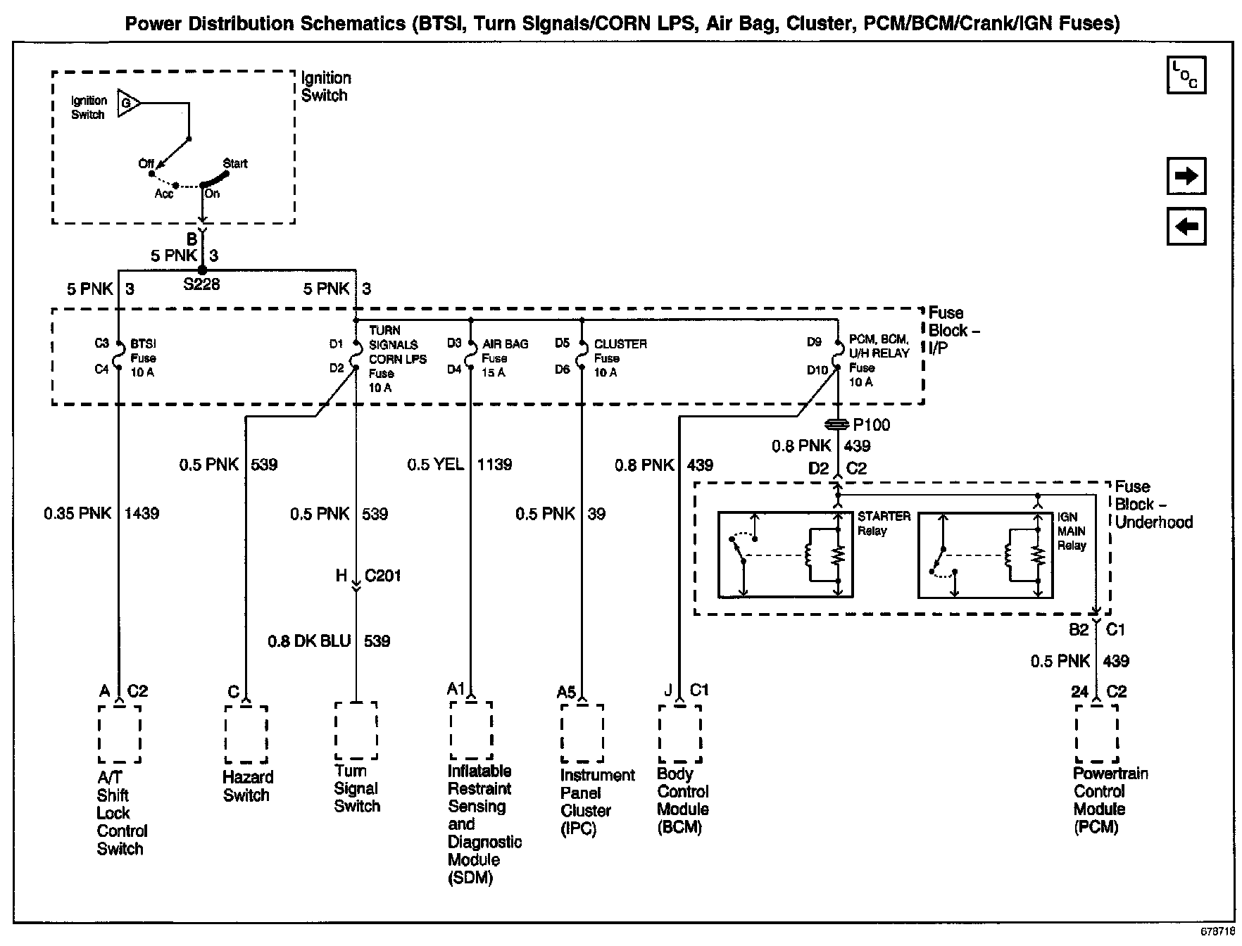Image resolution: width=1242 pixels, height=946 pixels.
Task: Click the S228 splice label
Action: point(201,284)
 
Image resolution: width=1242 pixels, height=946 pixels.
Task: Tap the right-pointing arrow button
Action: point(1186,176)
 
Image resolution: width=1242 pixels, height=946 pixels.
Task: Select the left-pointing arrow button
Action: point(1186,227)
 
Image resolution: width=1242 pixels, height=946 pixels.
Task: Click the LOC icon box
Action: point(1186,75)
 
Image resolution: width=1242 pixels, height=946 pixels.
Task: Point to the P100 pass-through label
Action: point(871,425)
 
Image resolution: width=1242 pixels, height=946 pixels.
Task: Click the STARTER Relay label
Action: point(884,523)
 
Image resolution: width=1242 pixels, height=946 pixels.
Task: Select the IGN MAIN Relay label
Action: point(1071,531)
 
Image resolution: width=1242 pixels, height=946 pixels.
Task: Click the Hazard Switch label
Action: point(247,786)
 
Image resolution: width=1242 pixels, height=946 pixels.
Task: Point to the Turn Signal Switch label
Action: point(357,788)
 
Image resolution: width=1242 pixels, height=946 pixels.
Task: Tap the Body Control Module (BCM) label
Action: point(682,800)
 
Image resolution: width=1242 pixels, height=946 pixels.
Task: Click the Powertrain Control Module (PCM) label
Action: point(1110,800)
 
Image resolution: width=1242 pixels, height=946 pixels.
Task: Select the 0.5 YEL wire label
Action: point(435,465)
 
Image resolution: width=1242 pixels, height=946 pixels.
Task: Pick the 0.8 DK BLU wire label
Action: point(309,641)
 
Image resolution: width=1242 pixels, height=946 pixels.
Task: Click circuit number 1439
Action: point(142,514)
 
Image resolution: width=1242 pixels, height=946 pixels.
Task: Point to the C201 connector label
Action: point(383,576)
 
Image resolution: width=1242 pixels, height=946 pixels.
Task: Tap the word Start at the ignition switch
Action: point(235,163)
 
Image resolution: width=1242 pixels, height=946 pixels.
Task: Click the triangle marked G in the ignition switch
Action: point(127,103)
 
